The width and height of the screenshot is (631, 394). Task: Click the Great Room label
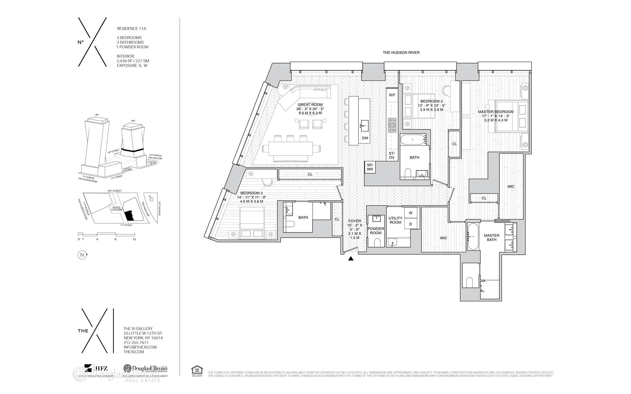click(310, 105)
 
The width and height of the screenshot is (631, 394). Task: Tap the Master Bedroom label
click(496, 112)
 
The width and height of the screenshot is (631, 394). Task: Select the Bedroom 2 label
click(432, 101)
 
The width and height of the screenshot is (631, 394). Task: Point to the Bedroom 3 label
click(251, 193)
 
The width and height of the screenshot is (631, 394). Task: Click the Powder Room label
click(376, 231)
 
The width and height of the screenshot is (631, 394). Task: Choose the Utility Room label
click(395, 220)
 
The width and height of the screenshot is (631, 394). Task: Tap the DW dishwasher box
click(365, 138)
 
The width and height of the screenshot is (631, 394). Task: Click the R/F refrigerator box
click(392, 95)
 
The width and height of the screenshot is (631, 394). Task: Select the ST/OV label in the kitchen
click(391, 156)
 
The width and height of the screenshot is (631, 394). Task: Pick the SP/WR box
click(370, 167)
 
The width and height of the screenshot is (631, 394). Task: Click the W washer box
click(410, 213)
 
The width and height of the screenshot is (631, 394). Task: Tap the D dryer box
click(410, 224)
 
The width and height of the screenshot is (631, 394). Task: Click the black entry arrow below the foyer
click(351, 259)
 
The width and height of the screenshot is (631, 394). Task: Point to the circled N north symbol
click(81, 255)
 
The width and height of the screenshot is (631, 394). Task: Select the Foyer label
click(355, 221)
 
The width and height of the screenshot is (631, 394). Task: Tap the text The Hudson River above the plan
click(401, 53)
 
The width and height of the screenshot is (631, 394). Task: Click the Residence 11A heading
click(131, 29)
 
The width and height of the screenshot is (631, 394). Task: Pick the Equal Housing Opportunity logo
click(197, 370)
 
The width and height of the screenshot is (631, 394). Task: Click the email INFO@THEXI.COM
click(140, 347)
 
